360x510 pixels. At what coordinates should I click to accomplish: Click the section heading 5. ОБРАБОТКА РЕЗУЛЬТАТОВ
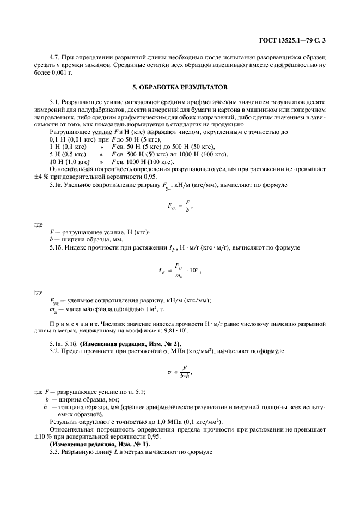pyautogui.click(x=180, y=87)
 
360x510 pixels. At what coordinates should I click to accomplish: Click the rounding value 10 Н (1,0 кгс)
pyautogui.click(x=69, y=162)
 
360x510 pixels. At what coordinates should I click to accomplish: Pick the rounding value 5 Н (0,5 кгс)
pyautogui.click(x=69, y=155)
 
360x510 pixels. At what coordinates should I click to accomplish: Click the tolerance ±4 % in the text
pyautogui.click(x=41, y=178)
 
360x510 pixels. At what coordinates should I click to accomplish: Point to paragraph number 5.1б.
pyautogui.click(x=57, y=248)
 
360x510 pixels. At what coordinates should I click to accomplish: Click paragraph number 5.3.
pyautogui.click(x=55, y=452)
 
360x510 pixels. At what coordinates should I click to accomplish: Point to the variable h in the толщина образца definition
pyautogui.click(x=45, y=406)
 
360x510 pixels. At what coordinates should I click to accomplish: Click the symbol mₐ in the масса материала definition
pyautogui.click(x=53, y=309)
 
